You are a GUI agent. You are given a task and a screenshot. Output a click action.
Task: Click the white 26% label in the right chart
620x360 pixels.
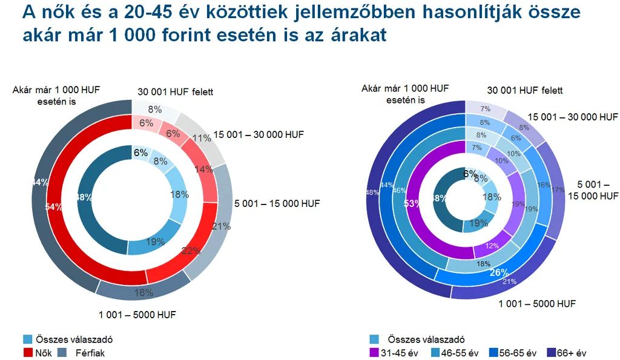499,273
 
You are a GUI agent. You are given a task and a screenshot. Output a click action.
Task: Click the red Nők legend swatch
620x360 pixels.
28,352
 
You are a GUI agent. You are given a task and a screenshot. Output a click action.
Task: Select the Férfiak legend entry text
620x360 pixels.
90,352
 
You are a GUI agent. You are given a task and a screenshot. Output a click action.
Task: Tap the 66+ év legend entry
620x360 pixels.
571,352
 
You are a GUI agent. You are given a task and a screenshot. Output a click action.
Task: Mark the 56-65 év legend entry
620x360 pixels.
516,352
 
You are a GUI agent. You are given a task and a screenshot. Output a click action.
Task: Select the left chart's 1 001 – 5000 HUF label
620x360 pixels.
137,315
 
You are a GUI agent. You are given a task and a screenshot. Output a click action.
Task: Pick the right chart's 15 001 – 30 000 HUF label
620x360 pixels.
573,117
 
